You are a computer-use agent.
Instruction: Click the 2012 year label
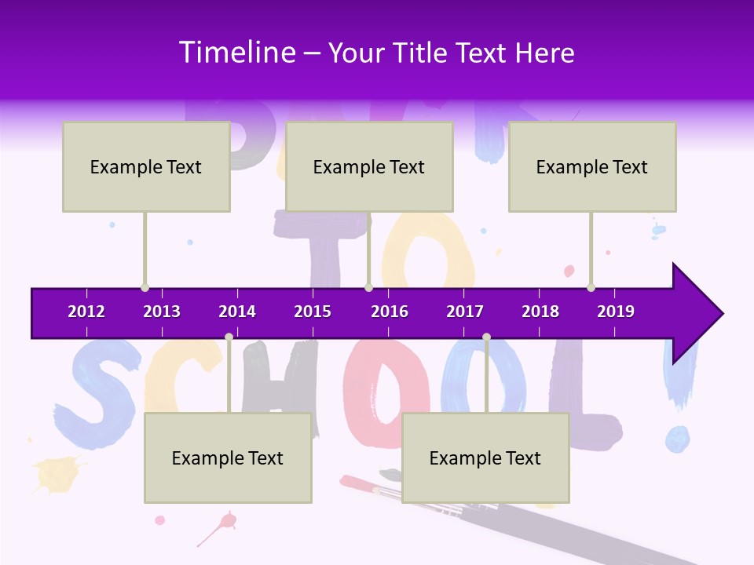[86, 312]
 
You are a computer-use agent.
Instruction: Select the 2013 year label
[162, 312]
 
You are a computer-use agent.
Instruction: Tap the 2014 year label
[237, 312]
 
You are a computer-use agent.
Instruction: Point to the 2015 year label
[313, 312]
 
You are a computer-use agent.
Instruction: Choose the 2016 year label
[390, 312]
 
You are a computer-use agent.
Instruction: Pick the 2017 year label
[465, 312]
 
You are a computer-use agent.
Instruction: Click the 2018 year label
[540, 312]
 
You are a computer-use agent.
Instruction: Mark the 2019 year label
[616, 312]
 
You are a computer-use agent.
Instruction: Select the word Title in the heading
[421, 53]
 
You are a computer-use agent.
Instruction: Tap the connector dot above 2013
[145, 287]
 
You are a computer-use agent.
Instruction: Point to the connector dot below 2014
[229, 337]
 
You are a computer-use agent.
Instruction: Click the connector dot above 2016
[368, 287]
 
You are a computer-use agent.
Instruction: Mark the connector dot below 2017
[486, 337]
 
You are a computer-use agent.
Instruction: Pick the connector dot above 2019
[591, 287]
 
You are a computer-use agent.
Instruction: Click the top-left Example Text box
[146, 166]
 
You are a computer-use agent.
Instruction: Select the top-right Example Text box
[592, 166]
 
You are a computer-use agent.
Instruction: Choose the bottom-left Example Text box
[228, 457]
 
